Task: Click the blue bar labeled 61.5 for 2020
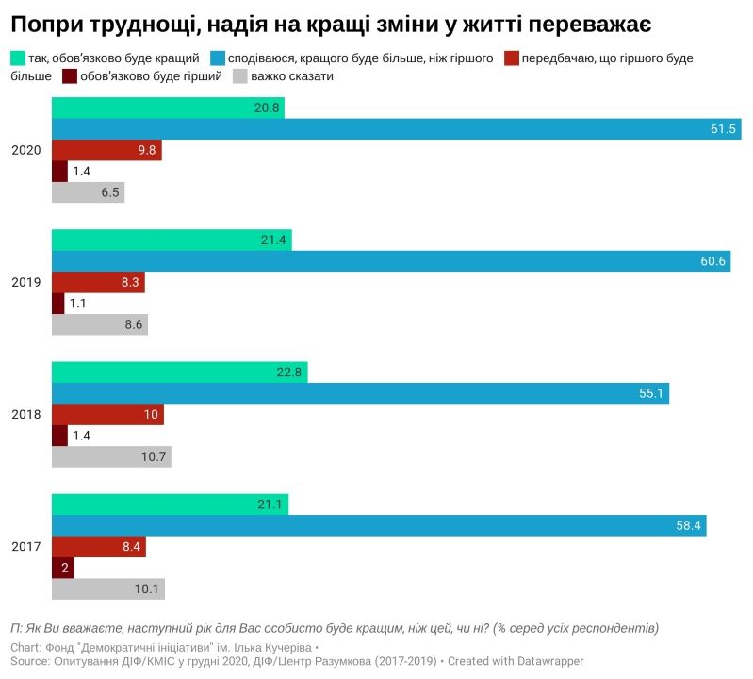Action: click(396, 129)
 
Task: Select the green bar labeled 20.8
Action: click(168, 108)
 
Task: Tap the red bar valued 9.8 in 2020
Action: click(106, 150)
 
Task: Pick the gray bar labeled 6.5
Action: click(88, 192)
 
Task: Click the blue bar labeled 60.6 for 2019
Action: click(391, 261)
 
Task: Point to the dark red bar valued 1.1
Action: click(57, 304)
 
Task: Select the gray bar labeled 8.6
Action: click(99, 325)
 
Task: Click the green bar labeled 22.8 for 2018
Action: click(179, 372)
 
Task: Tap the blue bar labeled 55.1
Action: click(360, 393)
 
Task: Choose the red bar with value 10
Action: click(107, 415)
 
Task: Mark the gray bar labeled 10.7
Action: click(111, 457)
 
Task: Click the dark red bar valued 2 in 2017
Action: click(62, 568)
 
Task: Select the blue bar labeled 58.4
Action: click(379, 525)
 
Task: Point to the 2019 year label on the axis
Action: click(25, 283)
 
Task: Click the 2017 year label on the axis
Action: click(25, 547)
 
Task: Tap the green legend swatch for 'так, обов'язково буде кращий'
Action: click(17, 58)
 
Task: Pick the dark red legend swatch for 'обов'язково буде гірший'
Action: click(70, 76)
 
